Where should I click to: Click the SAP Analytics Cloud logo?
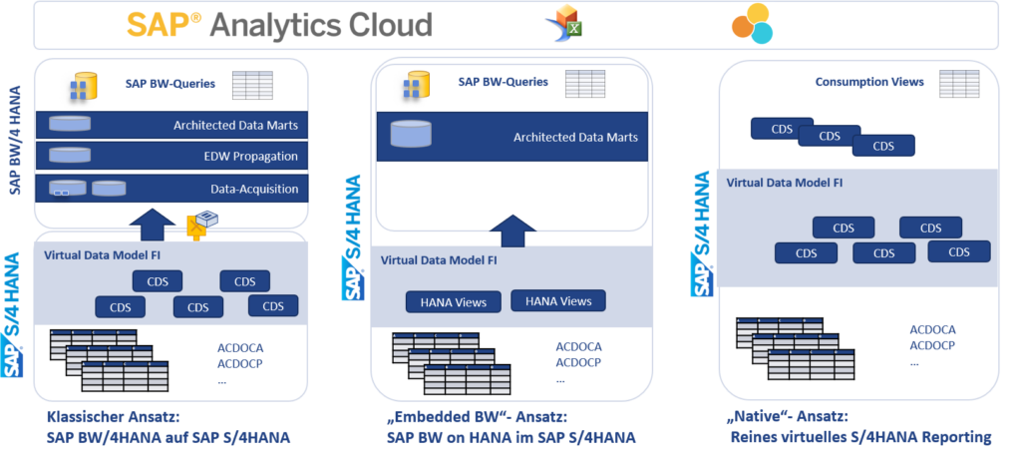(x=279, y=25)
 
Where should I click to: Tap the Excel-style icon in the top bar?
(x=562, y=25)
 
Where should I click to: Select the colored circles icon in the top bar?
(x=752, y=24)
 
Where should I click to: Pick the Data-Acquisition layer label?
(x=254, y=188)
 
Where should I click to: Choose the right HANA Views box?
(x=557, y=300)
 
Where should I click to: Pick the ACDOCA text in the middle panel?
(x=579, y=347)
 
